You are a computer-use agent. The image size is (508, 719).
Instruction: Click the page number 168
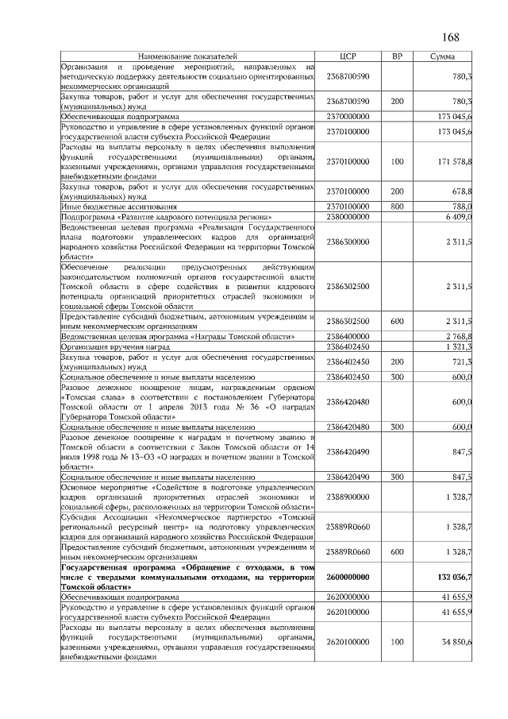(450, 37)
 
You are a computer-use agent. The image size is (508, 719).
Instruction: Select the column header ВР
(398, 57)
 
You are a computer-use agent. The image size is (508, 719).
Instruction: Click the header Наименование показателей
(188, 57)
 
